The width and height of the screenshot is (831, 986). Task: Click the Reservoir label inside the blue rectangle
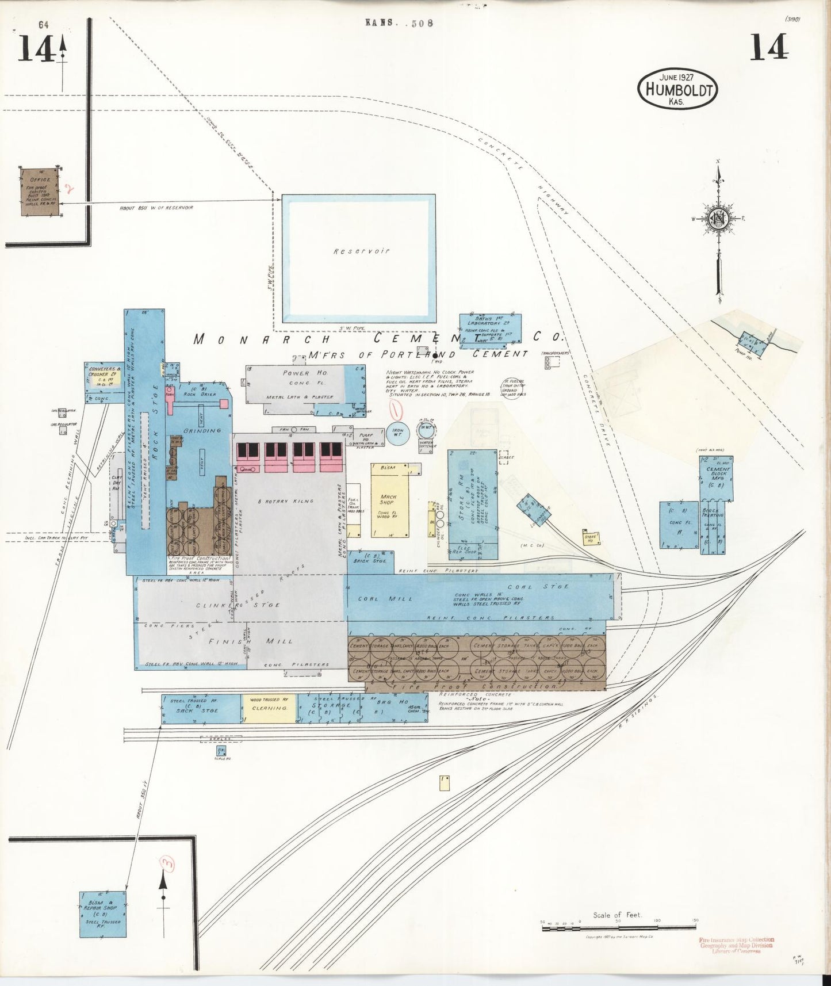click(x=361, y=251)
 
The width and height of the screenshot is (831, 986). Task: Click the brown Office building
click(x=40, y=192)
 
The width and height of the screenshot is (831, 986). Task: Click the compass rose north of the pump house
click(x=718, y=219)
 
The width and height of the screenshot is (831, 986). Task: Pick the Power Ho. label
click(x=296, y=373)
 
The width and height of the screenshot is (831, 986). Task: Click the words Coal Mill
click(x=377, y=598)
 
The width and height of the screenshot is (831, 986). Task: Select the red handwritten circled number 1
click(x=395, y=411)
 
